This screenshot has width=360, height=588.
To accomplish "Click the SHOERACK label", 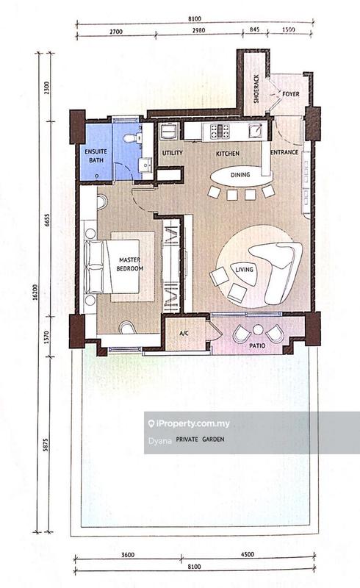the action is [x=256, y=89].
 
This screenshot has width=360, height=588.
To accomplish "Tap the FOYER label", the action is [x=291, y=94].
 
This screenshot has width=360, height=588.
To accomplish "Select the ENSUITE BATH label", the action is [x=96, y=156].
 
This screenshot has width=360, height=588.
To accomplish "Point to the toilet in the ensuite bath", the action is [x=130, y=138].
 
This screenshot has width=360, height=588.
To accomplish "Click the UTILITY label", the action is [x=173, y=153].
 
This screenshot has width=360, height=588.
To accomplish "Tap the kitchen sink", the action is [x=256, y=131].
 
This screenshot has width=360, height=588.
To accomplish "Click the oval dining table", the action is [x=241, y=175].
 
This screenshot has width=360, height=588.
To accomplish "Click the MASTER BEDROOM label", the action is [x=130, y=264].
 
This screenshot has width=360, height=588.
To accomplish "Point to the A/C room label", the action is [x=184, y=333].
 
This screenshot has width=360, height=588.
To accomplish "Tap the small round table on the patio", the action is [x=258, y=329].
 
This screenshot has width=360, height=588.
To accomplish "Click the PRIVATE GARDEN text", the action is [x=201, y=439].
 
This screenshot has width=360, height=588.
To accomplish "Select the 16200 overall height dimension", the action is [x=35, y=293].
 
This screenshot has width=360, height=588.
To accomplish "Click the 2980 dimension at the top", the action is [x=199, y=30].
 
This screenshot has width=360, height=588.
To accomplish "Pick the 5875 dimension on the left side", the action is [x=46, y=445].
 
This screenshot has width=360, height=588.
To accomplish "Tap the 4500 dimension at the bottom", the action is [x=247, y=554].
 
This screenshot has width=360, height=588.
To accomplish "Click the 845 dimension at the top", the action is [x=255, y=29].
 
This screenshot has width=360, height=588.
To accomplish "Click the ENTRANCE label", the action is [x=284, y=152].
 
